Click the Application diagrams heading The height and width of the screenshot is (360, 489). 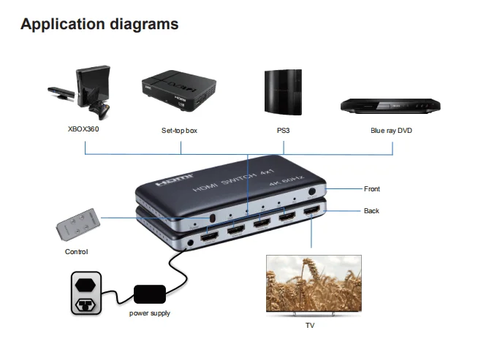[99, 24]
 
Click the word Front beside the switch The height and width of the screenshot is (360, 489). [372, 189]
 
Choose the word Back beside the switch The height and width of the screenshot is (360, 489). [371, 211]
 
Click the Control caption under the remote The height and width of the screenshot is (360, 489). [76, 252]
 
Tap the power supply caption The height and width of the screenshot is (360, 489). [150, 314]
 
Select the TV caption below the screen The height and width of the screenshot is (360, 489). [310, 326]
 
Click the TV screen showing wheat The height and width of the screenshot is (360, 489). [313, 283]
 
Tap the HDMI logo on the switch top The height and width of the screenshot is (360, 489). [175, 177]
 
